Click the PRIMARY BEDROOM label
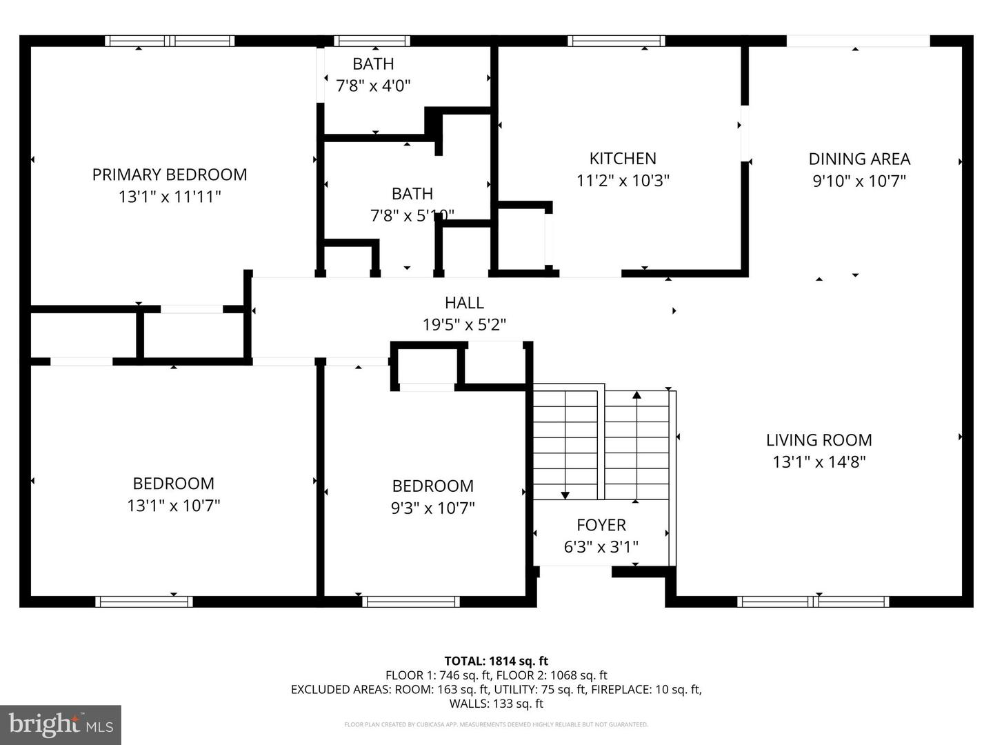tap(170, 175)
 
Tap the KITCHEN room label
tap(622, 158)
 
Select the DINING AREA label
tap(859, 159)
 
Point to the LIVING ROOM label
tap(819, 439)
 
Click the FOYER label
tap(601, 525)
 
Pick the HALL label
tap(464, 302)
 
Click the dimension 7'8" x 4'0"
tap(373, 86)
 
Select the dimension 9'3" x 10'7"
tap(432, 508)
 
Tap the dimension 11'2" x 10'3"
tap(622, 180)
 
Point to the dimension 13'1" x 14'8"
tap(819, 461)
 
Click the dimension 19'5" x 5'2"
tap(464, 324)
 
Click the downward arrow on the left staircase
tap(565, 494)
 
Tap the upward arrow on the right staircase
tap(636, 395)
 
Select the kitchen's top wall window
tap(616, 41)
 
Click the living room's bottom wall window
tap(813, 602)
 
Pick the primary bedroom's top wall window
tap(170, 41)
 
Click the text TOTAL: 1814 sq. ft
tap(496, 661)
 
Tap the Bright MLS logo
tap(61, 724)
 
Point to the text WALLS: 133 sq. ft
tap(496, 704)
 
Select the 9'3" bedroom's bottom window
tap(411, 602)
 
